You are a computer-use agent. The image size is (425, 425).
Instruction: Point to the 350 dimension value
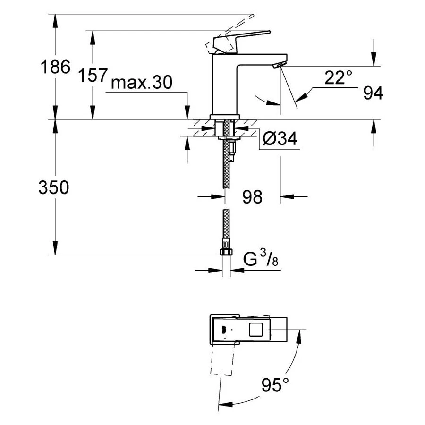coord(54,187)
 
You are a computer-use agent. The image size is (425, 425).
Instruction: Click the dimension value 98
coord(252,197)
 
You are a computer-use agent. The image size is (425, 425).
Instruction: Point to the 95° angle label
coord(275,386)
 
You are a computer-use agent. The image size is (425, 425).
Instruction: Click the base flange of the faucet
coord(225,117)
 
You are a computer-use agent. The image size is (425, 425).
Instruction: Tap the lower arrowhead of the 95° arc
coord(225,404)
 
